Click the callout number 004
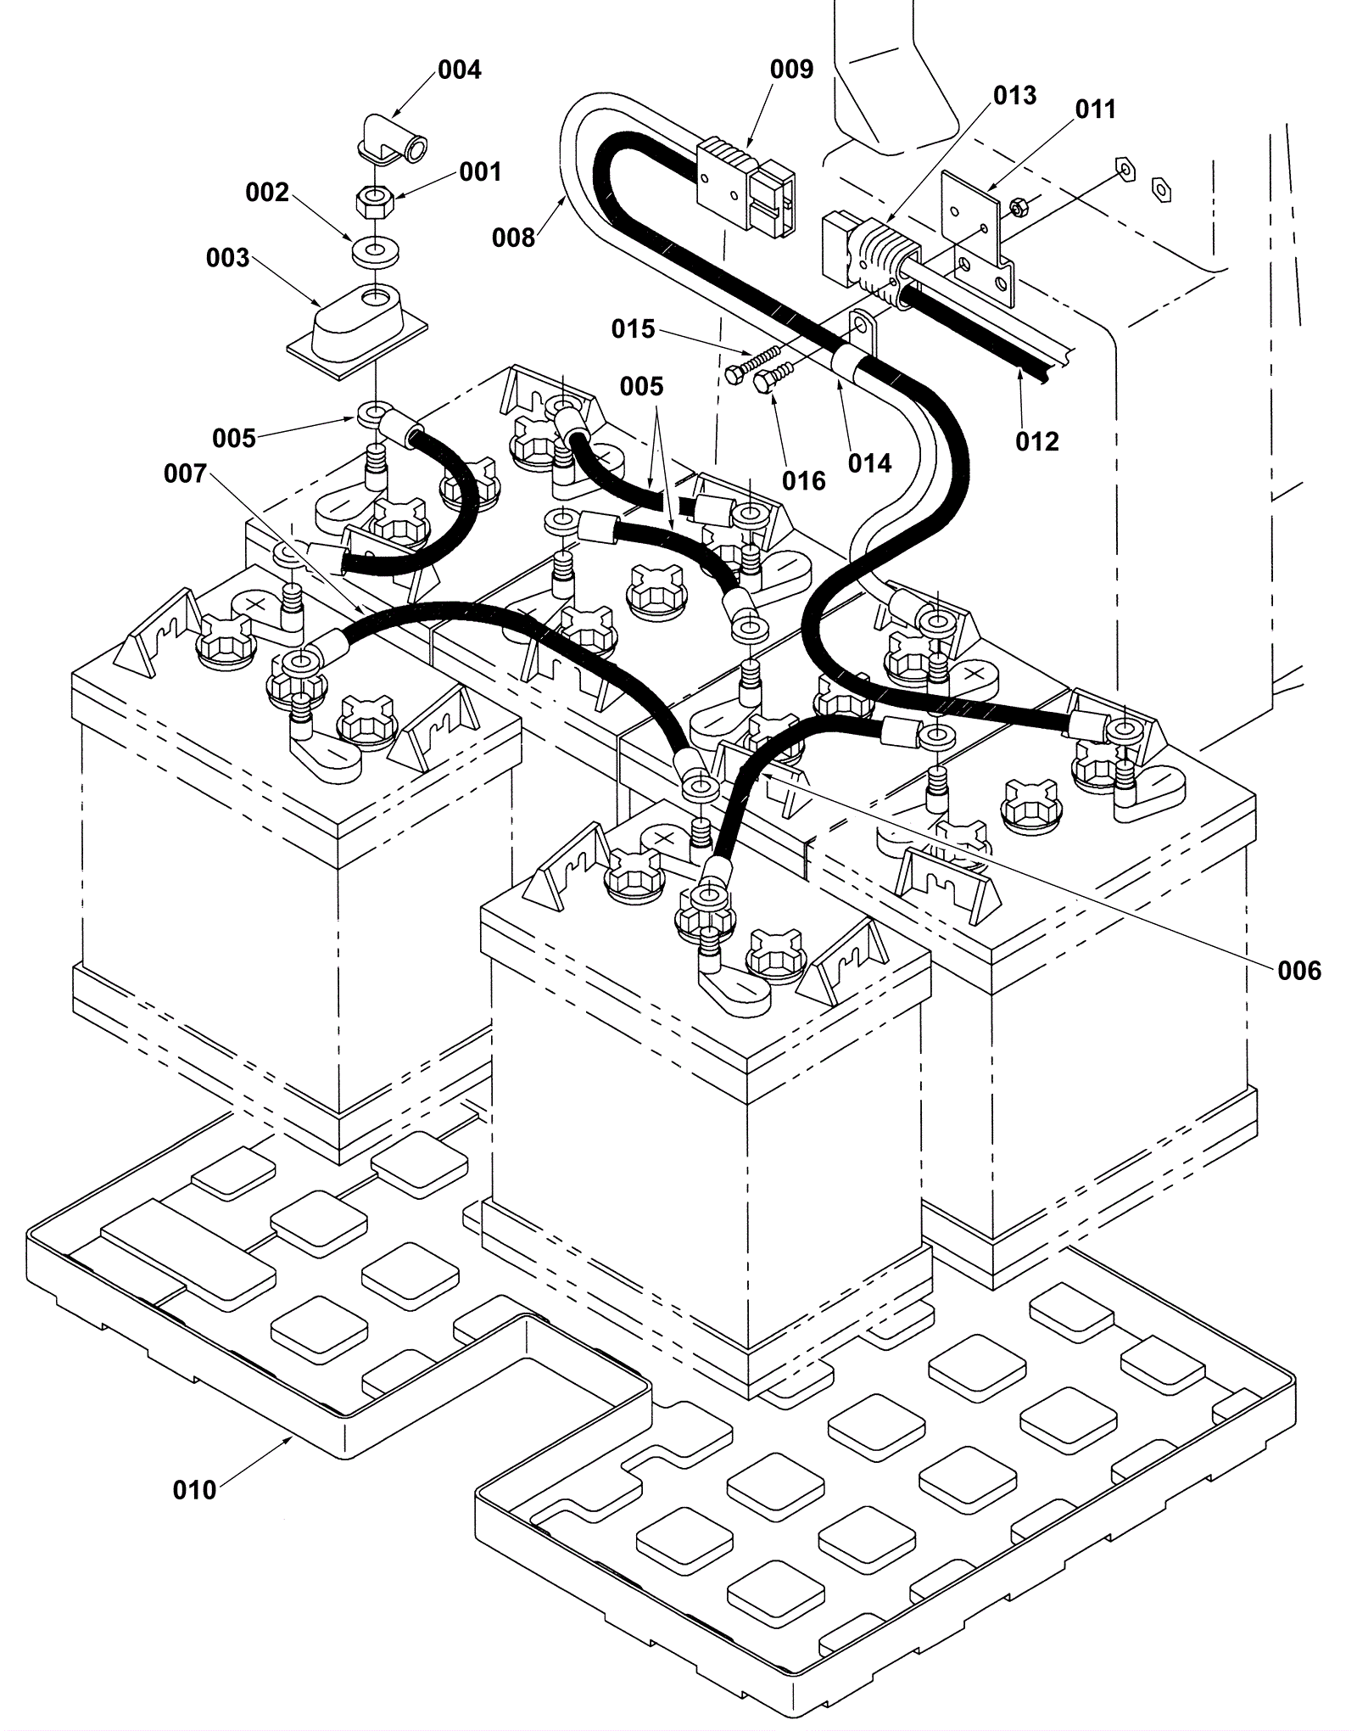(x=459, y=70)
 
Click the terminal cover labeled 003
(x=356, y=333)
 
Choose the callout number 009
(x=791, y=70)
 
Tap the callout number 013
(x=1014, y=95)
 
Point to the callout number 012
(x=1037, y=441)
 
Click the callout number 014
(x=870, y=463)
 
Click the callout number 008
(x=514, y=238)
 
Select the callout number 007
(x=186, y=473)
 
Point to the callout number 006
(x=1300, y=971)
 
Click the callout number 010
(x=195, y=1490)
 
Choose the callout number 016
(x=804, y=481)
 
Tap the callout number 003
(x=228, y=258)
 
